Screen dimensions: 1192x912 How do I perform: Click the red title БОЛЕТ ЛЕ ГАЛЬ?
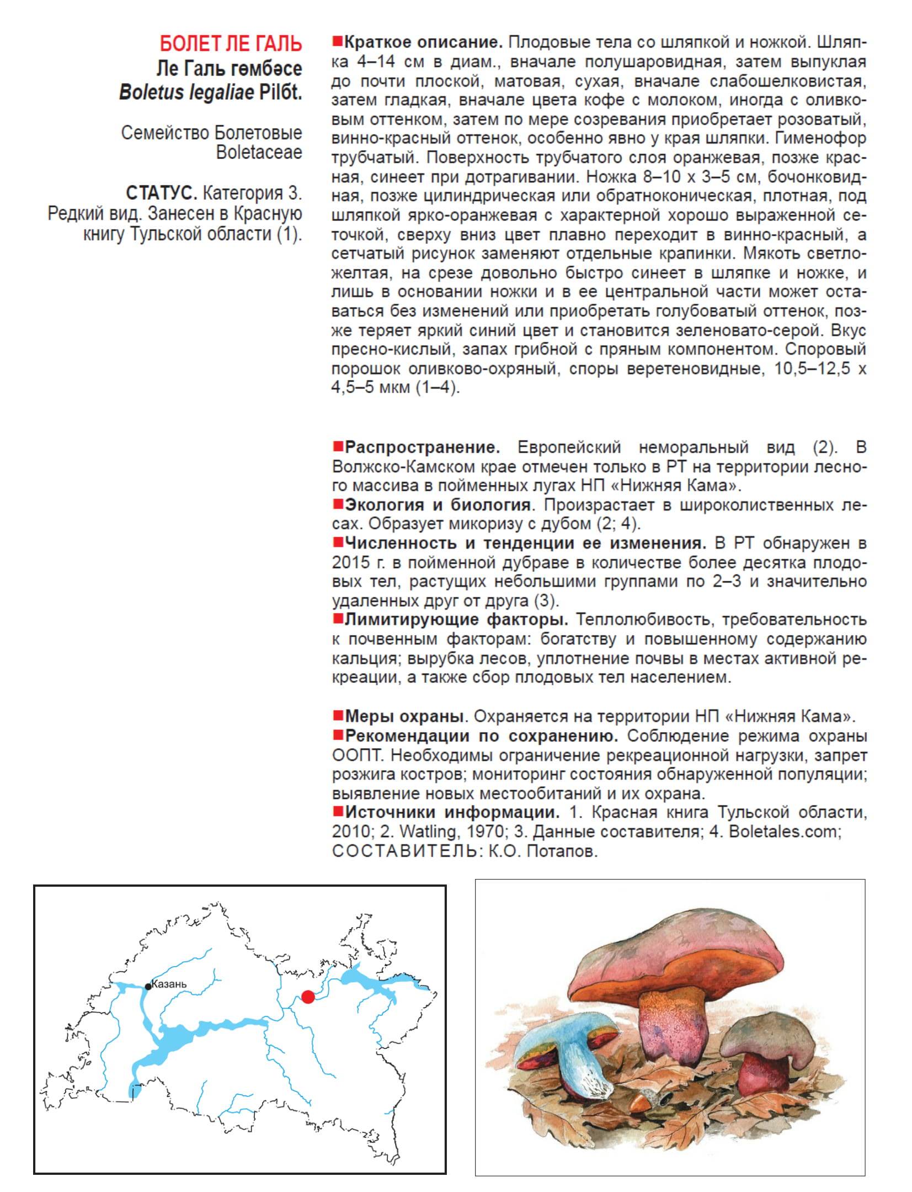pos(231,43)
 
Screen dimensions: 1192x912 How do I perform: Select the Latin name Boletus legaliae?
pos(187,92)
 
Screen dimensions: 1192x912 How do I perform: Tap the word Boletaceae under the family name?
pos(259,152)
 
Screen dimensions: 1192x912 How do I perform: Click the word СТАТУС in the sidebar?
pos(161,193)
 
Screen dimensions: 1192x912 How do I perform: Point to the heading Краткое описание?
pos(423,43)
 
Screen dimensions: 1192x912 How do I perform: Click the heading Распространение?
pos(422,447)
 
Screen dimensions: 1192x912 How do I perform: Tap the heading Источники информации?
pos(452,812)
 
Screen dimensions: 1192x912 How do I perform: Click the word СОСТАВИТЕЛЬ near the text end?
pos(404,851)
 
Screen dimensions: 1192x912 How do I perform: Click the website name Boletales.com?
pos(783,831)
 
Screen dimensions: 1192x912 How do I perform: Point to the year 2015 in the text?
pos(350,563)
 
